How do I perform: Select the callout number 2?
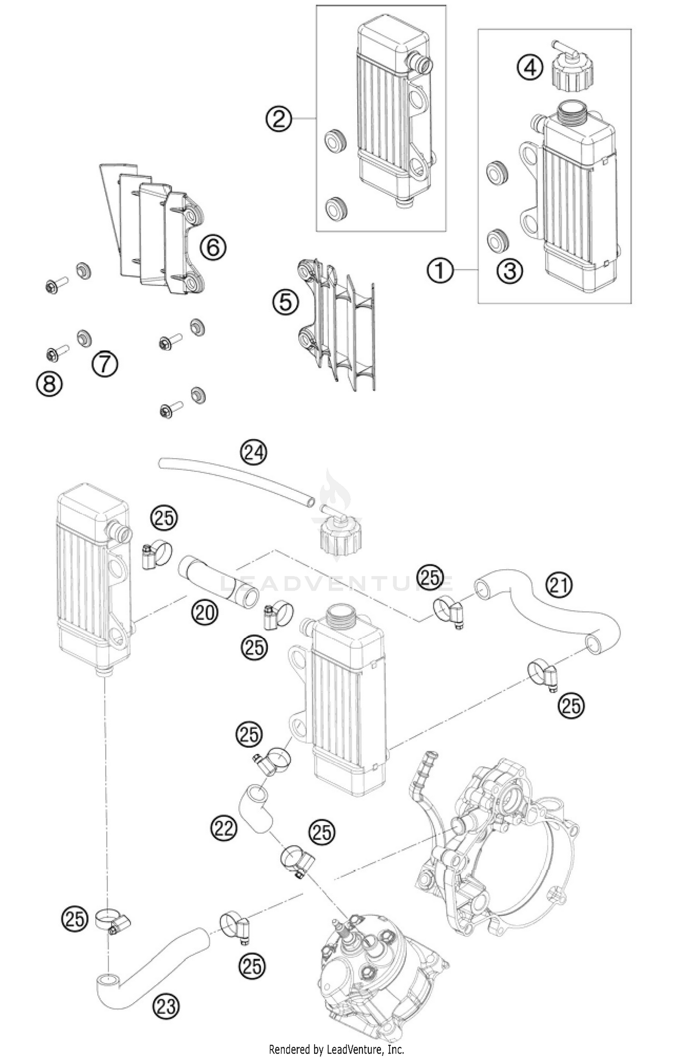(x=279, y=119)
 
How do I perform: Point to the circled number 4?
(x=530, y=68)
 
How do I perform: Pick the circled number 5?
(x=285, y=302)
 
